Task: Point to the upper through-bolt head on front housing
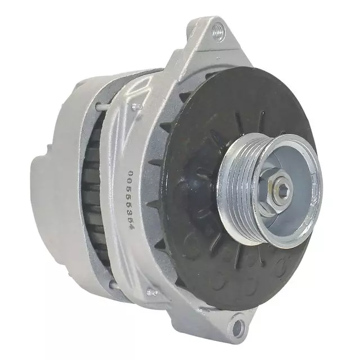tap(135, 106)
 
